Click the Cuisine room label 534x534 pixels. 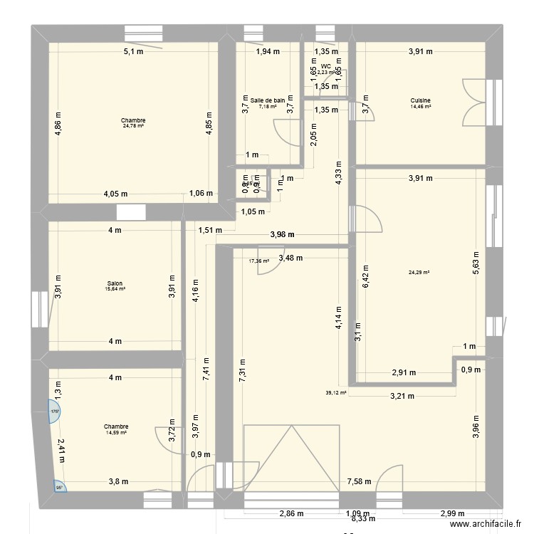tap(420, 100)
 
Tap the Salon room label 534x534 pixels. tap(114, 283)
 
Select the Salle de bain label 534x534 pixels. tap(268, 100)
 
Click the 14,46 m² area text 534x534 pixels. tap(420, 107)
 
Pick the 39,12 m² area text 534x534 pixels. tap(335, 392)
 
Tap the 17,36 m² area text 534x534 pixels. tap(258, 261)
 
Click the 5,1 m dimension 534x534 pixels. tap(133, 51)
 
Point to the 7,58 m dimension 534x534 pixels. tap(360, 481)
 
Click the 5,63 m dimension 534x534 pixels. tap(476, 265)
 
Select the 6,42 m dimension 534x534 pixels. tap(366, 271)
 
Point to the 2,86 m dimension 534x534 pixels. tap(291, 513)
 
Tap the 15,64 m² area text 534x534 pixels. tap(114, 289)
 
